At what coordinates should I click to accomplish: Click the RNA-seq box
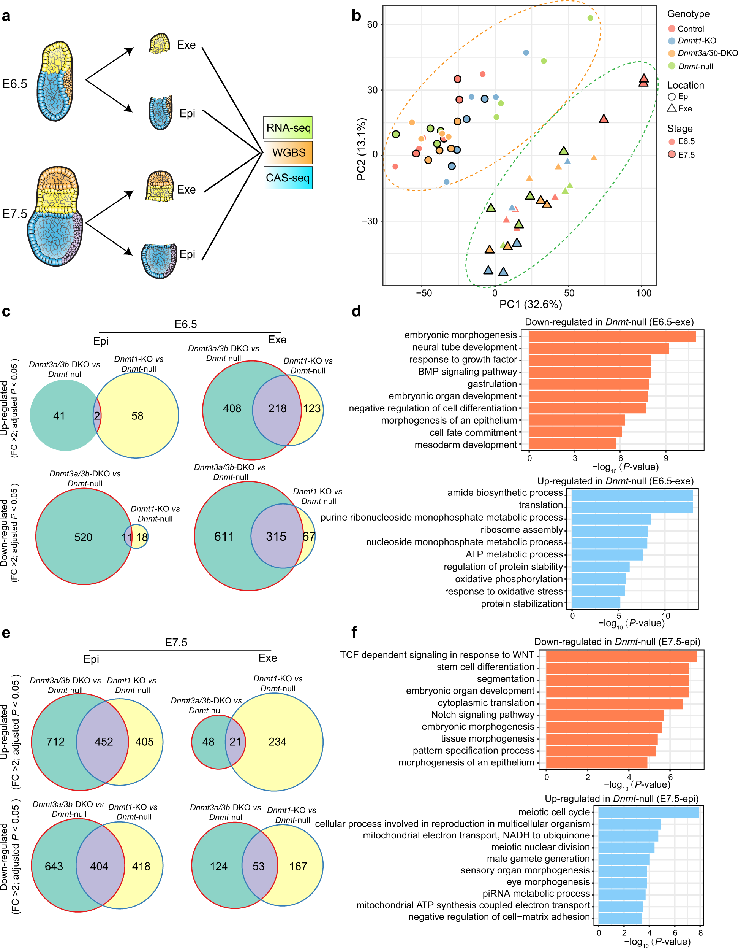tap(288, 128)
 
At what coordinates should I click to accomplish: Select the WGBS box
tap(288, 152)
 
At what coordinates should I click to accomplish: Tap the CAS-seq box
tap(288, 178)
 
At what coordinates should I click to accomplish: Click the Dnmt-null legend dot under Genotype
tap(672, 66)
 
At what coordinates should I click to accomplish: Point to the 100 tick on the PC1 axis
tap(643, 293)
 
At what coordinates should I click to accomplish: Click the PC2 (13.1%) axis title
tap(361, 149)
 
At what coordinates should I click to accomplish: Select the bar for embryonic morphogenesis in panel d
tap(612, 337)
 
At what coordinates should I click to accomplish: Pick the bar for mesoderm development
tap(572, 444)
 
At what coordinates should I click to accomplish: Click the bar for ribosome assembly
tap(610, 531)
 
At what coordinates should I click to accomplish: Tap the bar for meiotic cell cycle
tap(648, 812)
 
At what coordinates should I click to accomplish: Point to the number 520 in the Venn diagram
tap(83, 537)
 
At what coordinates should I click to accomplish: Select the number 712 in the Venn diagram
tap(55, 742)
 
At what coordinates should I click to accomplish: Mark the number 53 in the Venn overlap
tap(258, 866)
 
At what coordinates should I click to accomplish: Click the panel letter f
tap(354, 632)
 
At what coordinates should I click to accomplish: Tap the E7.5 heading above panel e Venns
tap(176, 642)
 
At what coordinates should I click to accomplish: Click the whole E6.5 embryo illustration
tap(55, 81)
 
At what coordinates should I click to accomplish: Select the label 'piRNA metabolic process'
tap(536, 894)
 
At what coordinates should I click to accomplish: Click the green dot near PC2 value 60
tap(590, 18)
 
